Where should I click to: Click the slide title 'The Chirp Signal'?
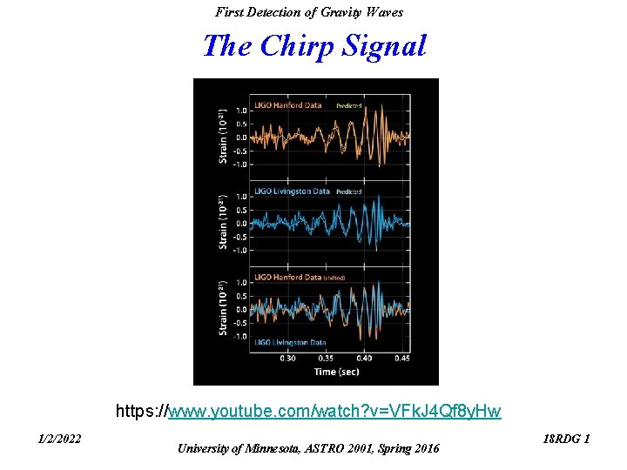314,45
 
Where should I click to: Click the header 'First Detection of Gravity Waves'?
309,12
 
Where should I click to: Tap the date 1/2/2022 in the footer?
60,439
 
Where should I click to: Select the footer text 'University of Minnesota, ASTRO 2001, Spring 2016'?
309,448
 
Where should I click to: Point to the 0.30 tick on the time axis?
287,358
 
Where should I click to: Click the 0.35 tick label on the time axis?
326,358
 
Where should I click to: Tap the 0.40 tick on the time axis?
364,358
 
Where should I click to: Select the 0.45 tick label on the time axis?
401,358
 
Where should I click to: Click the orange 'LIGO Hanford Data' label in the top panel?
287,105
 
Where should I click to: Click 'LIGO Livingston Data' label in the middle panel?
292,191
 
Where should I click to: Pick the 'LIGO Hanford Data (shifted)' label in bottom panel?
300,277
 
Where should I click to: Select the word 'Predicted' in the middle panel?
348,191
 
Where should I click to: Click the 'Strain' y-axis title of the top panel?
224,136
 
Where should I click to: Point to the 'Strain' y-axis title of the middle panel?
224,221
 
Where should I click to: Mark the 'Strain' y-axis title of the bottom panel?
224,307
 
